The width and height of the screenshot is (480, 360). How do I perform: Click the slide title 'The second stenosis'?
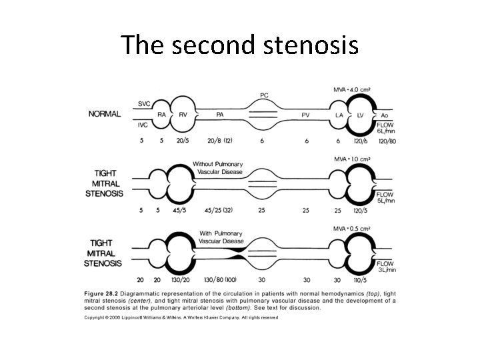[240, 45]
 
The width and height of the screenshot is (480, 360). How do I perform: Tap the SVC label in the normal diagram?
[144, 103]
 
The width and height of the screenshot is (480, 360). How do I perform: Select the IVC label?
[143, 125]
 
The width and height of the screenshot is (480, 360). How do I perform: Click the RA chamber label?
[161, 115]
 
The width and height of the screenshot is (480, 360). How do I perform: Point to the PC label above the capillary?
[264, 95]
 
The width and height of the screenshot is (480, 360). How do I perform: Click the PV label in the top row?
[305, 115]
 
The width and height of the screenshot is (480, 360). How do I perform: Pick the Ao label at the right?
[385, 115]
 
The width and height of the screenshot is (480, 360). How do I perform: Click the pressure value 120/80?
[386, 141]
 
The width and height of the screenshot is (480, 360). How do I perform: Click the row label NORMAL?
[105, 114]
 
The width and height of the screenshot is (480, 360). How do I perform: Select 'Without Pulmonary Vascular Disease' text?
[217, 168]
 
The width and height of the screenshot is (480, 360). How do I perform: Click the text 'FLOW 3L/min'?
[387, 266]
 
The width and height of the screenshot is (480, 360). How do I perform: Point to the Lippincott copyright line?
[180, 317]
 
